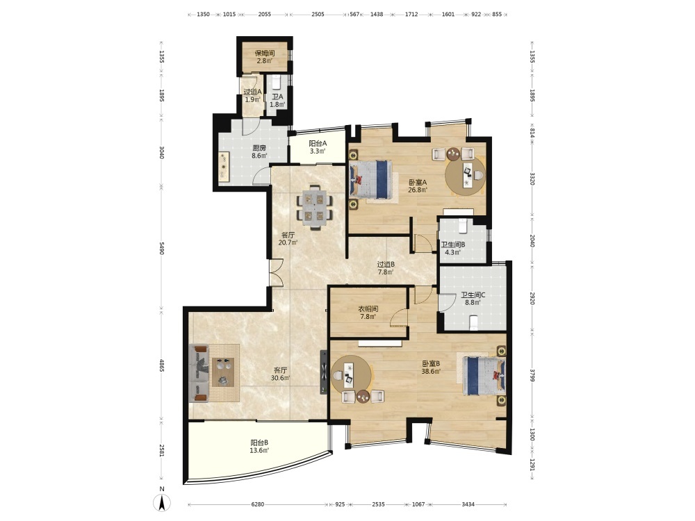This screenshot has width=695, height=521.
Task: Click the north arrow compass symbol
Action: point(162,502)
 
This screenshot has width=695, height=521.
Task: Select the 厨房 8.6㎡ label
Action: point(259,151)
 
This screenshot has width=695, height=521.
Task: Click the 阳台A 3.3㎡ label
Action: point(318,147)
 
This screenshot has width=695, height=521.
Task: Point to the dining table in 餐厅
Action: point(315,207)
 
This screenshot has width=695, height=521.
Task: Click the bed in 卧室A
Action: point(371,179)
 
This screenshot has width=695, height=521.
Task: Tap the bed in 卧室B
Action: point(484,376)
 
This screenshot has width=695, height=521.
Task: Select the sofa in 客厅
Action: point(199,373)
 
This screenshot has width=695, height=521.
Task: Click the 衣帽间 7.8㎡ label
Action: point(368,313)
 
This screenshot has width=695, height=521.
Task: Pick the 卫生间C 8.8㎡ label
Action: point(473,299)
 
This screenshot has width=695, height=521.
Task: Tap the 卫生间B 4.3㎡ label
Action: point(452,248)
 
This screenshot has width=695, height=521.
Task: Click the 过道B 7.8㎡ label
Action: point(386,268)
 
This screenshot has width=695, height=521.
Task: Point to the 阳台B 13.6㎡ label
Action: point(259,446)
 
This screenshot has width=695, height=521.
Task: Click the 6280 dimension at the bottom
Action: point(258,504)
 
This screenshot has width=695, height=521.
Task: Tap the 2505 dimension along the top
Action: point(318,14)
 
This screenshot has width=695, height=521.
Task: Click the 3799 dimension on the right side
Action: point(532,375)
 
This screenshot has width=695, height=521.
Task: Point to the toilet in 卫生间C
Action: point(473,322)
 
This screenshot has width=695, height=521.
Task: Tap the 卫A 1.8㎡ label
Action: point(277,101)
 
